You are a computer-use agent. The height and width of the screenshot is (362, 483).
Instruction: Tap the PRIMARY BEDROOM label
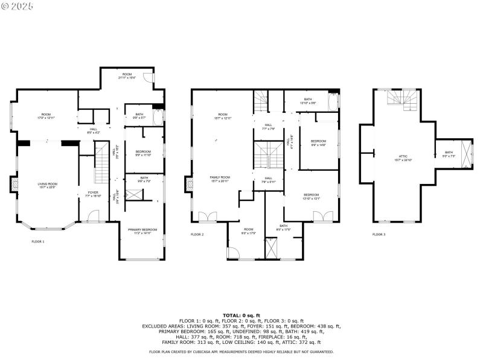142,230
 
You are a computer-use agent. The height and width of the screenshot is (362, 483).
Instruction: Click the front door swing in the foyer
93,215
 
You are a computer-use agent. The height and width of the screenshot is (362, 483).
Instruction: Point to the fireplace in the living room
14,183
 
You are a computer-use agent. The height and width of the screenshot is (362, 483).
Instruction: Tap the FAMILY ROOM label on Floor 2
221,179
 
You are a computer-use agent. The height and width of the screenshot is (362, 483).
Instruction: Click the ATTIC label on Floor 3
396,158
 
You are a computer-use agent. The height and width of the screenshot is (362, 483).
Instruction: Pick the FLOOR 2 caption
198,235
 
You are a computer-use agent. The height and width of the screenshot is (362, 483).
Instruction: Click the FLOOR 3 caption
379,235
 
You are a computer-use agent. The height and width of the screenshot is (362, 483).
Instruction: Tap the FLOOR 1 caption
38,241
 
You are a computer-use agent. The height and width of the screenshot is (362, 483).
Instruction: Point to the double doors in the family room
206,215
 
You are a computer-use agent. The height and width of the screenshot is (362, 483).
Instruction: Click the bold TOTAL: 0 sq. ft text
241,316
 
